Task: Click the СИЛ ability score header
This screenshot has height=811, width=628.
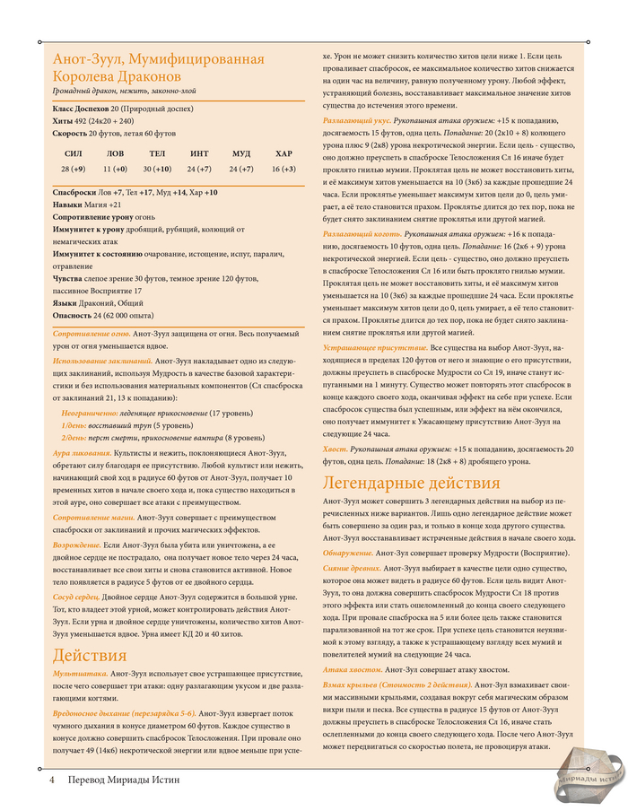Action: click(x=74, y=153)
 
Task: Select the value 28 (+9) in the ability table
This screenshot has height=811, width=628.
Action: click(x=74, y=169)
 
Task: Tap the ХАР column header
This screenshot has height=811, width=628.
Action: click(x=283, y=153)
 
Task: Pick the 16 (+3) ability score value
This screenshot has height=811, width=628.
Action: click(x=283, y=169)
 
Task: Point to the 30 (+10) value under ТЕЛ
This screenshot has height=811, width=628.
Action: click(x=157, y=169)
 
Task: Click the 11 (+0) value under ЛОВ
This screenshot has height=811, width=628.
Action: click(x=115, y=169)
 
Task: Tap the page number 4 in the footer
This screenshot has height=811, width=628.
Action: click(x=52, y=780)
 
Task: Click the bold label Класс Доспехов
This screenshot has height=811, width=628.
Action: click(x=81, y=107)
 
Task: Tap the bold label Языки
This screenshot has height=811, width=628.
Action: click(x=66, y=303)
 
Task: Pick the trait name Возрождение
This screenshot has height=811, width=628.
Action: click(x=77, y=545)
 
